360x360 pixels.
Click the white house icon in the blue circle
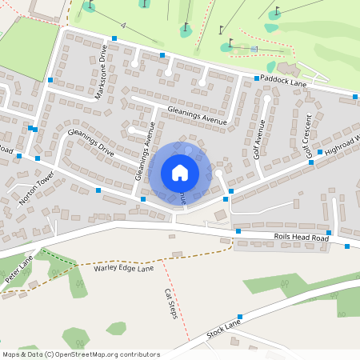click(x=180, y=172)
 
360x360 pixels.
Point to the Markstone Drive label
click(x=101, y=72)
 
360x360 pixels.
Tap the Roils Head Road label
click(x=302, y=238)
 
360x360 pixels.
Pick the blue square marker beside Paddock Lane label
click(x=257, y=78)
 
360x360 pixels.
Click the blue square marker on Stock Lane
click(x=239, y=317)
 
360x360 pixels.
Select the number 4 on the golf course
click(x=124, y=26)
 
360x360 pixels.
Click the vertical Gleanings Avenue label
click(x=145, y=152)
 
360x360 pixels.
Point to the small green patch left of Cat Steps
click(x=116, y=328)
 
